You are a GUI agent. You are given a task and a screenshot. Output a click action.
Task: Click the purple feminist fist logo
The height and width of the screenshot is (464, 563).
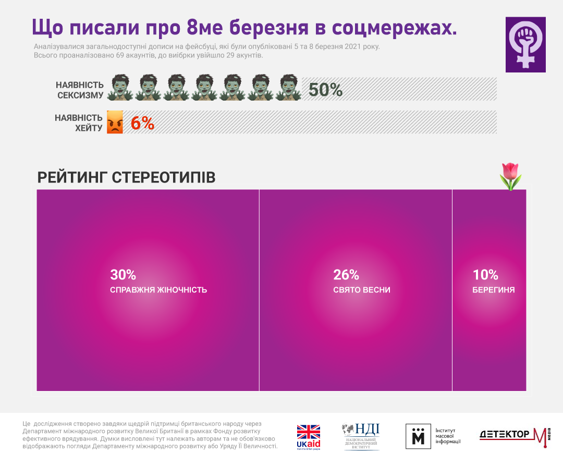tap(525, 44)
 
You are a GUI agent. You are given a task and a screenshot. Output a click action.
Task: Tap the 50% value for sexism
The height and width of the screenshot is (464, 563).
tap(325, 90)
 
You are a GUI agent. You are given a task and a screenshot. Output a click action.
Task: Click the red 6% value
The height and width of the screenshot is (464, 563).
tap(142, 123)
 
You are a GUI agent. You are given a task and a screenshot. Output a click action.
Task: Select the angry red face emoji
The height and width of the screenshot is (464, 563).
tap(115, 123)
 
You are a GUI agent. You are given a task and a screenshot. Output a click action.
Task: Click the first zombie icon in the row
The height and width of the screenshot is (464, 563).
tap(120, 88)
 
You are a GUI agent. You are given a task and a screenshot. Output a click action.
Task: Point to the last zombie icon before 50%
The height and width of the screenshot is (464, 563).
tap(288, 88)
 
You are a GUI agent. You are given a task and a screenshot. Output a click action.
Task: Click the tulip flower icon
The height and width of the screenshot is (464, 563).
tap(510, 176)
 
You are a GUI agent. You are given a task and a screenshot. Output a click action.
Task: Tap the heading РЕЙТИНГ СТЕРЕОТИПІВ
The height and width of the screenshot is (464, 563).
tap(126, 177)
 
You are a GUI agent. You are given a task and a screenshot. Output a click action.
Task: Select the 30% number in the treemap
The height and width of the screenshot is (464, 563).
tap(123, 275)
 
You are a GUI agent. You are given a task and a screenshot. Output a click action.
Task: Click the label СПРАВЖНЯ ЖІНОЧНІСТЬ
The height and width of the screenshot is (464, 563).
tap(158, 290)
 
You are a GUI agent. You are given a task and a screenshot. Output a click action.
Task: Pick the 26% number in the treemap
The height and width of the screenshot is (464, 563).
tap(346, 275)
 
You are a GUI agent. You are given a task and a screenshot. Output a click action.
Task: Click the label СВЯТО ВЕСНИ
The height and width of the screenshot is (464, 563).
tap(361, 290)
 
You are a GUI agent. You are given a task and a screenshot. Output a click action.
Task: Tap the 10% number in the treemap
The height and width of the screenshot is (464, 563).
tap(485, 275)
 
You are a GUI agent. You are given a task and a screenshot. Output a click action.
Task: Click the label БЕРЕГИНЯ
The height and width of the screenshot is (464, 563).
tap(493, 290)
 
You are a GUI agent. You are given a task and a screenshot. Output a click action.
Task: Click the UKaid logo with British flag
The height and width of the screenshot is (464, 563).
tap(308, 437)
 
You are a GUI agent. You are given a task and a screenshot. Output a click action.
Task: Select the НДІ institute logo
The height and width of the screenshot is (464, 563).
tap(361, 436)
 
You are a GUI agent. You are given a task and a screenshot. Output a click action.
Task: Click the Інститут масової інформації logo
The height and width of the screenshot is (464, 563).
tap(433, 436)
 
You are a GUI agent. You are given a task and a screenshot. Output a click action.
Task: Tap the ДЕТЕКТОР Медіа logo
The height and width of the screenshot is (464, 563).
tap(514, 436)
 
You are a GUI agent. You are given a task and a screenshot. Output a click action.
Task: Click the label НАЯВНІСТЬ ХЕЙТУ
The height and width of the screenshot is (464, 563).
tap(79, 123)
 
